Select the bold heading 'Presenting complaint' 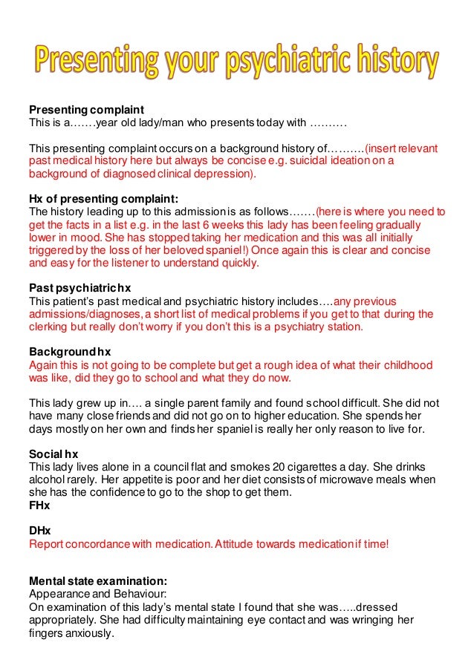coord(86,109)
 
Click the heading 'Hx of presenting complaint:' coord(103,198)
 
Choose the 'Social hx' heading coord(53,454)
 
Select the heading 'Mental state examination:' coord(97,581)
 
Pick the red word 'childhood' coord(406,365)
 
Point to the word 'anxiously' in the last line coord(88,633)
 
